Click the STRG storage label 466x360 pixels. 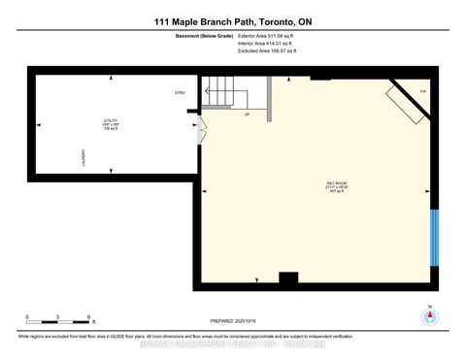coord(179,93)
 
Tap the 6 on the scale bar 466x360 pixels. coord(88,317)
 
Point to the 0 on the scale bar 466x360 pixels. coord(27,317)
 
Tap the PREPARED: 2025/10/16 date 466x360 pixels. coord(230,321)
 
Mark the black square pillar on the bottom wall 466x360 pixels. coord(287,279)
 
